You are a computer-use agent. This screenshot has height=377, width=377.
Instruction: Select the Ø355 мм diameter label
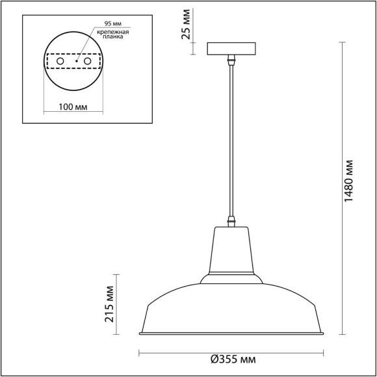[233, 359]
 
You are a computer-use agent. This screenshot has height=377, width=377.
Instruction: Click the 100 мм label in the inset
[73, 106]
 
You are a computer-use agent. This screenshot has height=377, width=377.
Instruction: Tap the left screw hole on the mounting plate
[60, 60]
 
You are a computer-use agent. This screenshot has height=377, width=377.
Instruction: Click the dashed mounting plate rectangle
[73, 53]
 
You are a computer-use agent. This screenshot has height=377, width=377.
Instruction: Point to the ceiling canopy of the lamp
[232, 49]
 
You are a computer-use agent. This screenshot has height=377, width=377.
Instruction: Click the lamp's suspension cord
[231, 143]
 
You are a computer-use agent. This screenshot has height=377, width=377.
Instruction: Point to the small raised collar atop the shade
[232, 278]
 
